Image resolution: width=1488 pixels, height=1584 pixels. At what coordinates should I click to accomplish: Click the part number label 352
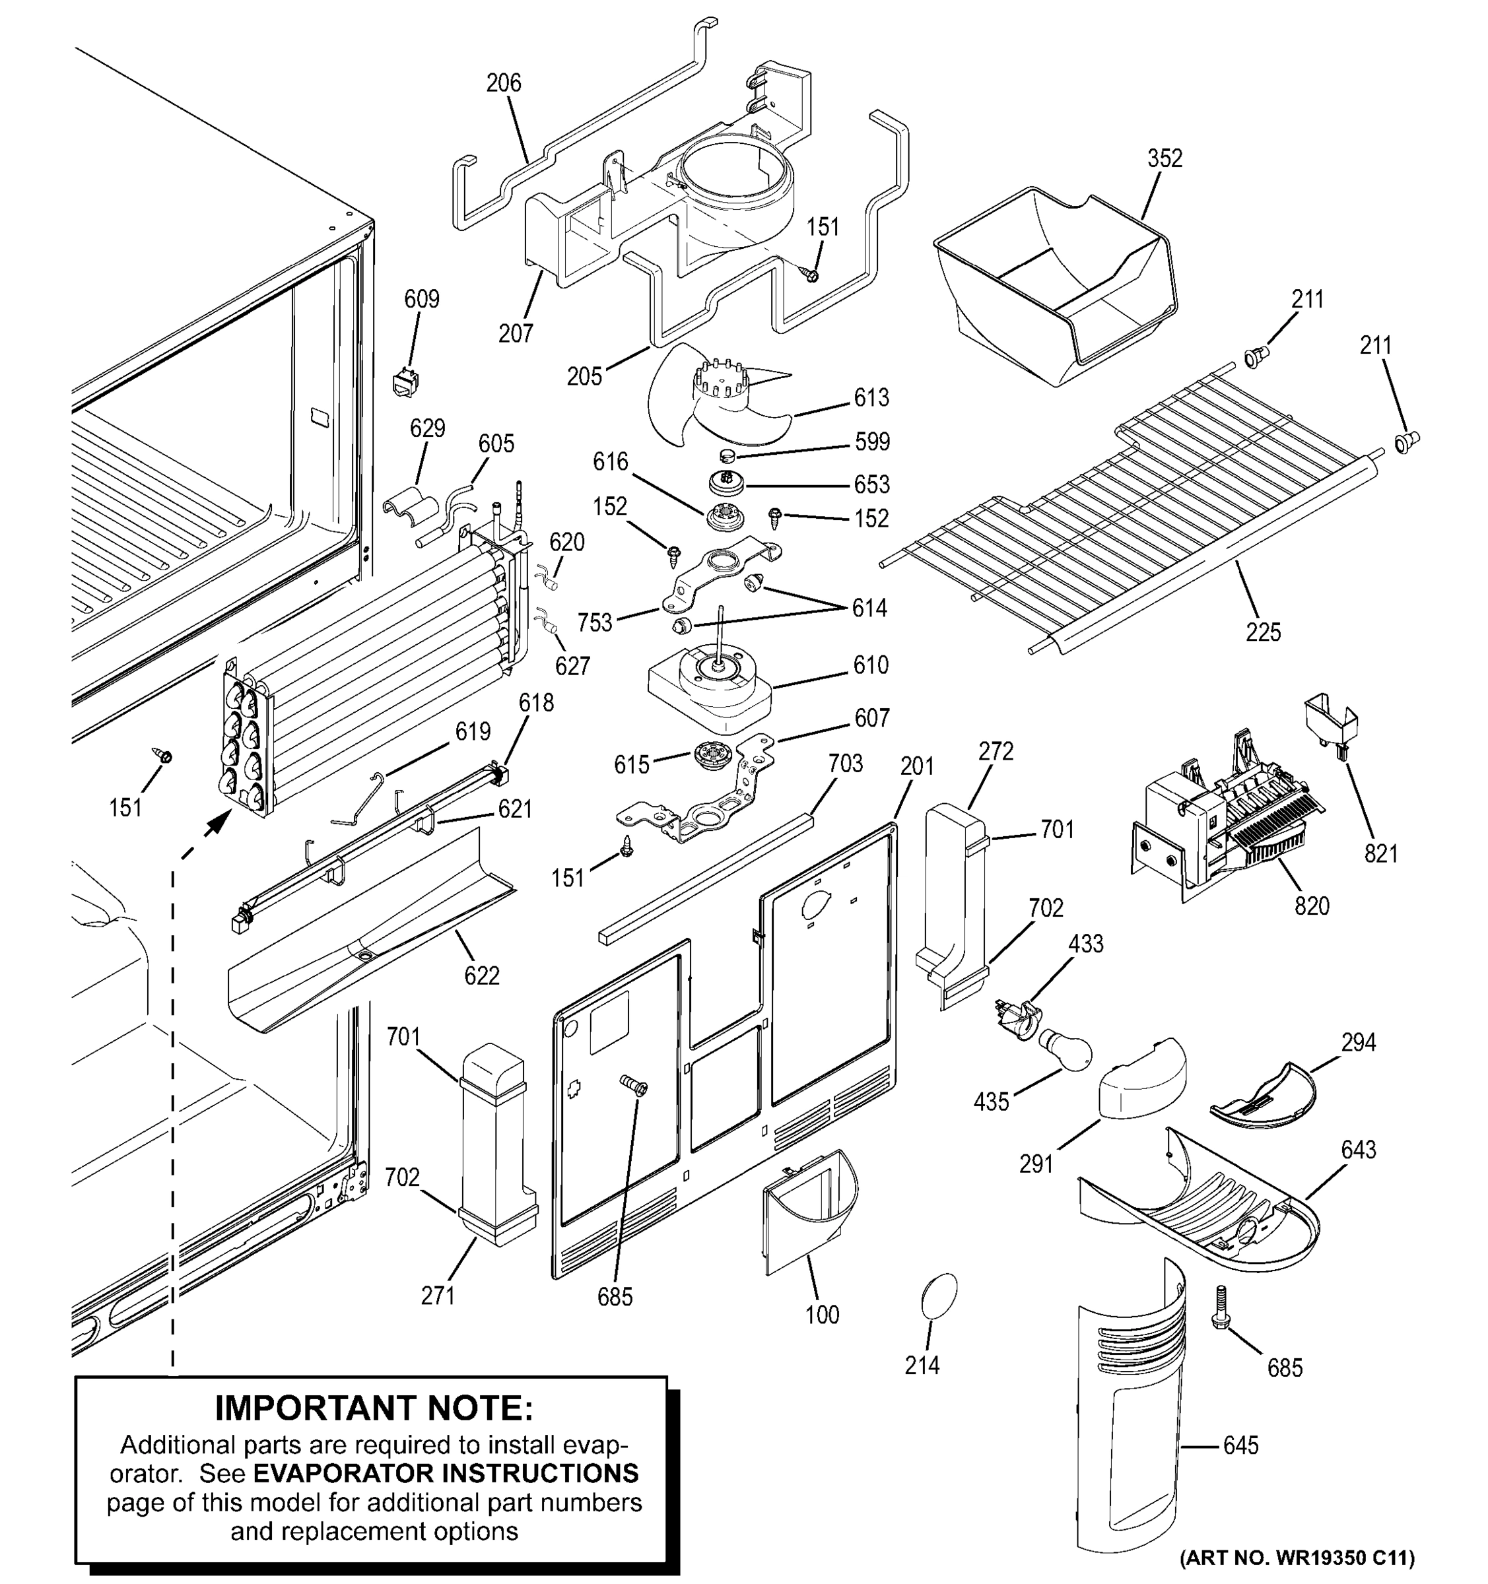coord(1165,158)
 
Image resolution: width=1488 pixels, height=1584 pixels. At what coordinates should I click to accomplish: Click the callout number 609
coord(422,299)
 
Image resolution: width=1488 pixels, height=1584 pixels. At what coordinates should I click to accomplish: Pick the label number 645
coord(1240,1445)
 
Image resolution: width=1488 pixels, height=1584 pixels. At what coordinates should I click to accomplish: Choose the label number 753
coord(595,622)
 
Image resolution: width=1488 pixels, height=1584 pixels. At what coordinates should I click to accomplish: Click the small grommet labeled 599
coord(726,456)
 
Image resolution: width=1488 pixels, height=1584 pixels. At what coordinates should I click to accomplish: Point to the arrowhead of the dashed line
coord(212,829)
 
